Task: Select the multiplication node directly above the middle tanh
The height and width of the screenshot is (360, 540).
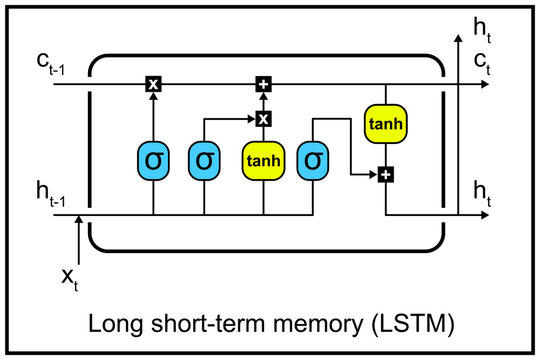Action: (x=264, y=119)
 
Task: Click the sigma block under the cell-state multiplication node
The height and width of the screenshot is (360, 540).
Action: (x=153, y=159)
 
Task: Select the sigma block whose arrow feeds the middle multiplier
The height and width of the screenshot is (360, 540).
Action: (x=204, y=159)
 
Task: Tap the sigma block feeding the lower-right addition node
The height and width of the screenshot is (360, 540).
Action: (x=313, y=159)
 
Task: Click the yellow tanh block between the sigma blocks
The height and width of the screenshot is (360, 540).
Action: (x=264, y=159)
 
